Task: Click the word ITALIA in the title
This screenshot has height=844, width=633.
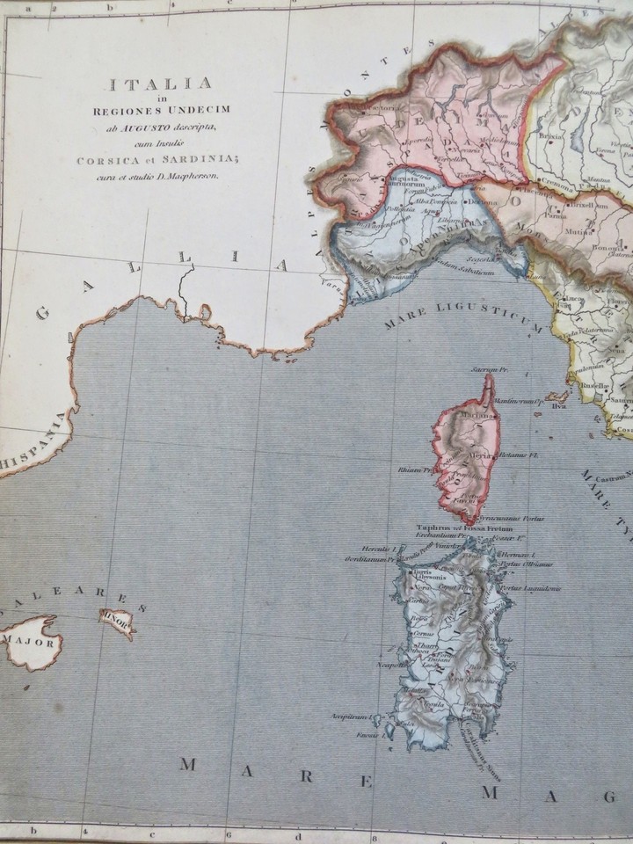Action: coord(162,85)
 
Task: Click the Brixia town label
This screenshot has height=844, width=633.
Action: coord(551,139)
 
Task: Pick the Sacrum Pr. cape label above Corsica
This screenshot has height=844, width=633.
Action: coord(484,370)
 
